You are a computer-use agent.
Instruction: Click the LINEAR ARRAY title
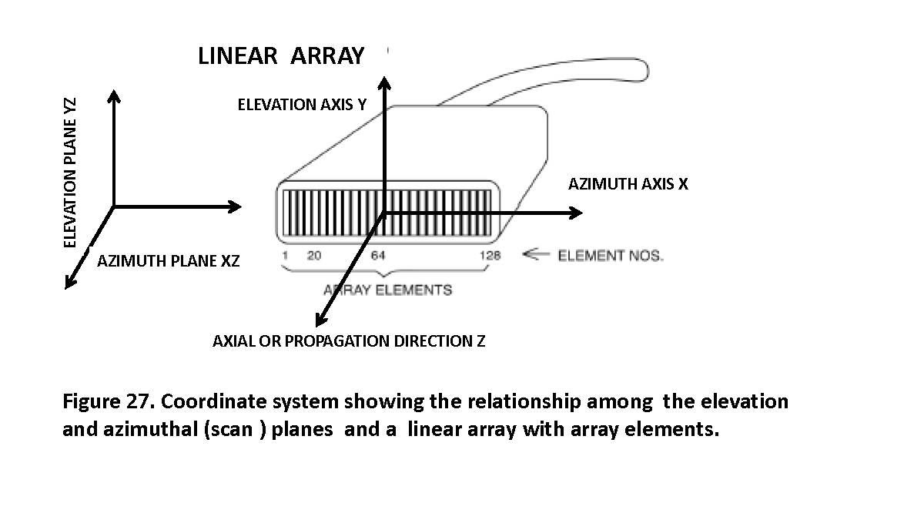[x=280, y=56]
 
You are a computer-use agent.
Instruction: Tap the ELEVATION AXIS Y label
[x=302, y=105]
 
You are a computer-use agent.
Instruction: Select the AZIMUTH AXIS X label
[x=628, y=184]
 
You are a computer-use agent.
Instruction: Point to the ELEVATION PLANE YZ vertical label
[x=71, y=172]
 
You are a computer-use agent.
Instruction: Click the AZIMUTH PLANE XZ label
[x=169, y=261]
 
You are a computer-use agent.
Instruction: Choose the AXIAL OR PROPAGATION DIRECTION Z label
[x=349, y=341]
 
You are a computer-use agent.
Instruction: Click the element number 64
[x=378, y=256]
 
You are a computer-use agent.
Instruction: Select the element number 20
[x=314, y=256]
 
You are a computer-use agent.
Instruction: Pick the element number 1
[x=284, y=256]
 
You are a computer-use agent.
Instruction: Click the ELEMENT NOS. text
[x=610, y=256]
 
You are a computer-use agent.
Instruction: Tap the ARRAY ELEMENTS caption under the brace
[x=387, y=290]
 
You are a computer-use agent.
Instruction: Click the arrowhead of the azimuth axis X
[x=575, y=213]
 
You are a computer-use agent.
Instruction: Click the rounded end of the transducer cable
[x=641, y=69]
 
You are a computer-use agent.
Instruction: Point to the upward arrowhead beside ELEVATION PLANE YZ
[x=114, y=96]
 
